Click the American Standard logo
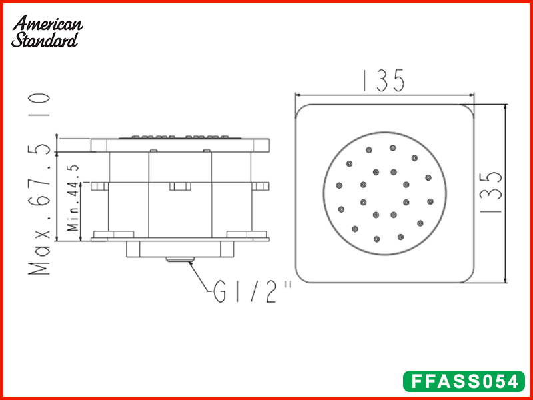pyautogui.click(x=47, y=31)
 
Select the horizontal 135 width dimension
pyautogui.click(x=383, y=81)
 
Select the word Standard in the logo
pyautogui.click(x=45, y=40)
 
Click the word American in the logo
pyautogui.click(x=49, y=24)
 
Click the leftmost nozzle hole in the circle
pyautogui.click(x=339, y=185)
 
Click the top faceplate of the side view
pyautogui.click(x=180, y=145)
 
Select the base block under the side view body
pyautogui.click(x=180, y=249)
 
